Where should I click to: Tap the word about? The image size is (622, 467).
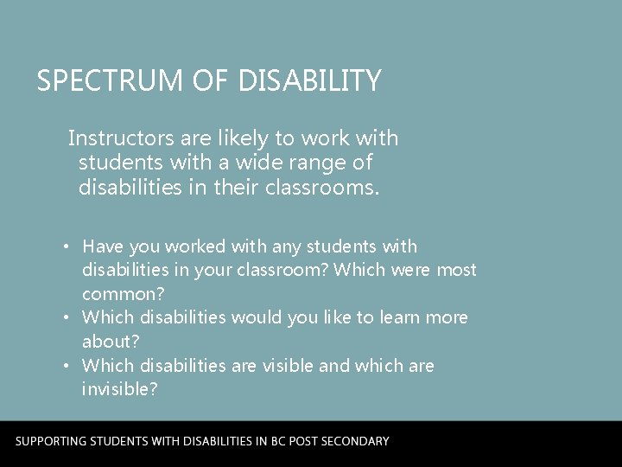pos(111,342)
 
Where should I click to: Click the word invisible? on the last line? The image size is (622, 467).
pos(119,389)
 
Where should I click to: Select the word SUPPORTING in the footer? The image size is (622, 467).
pos(58,441)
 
